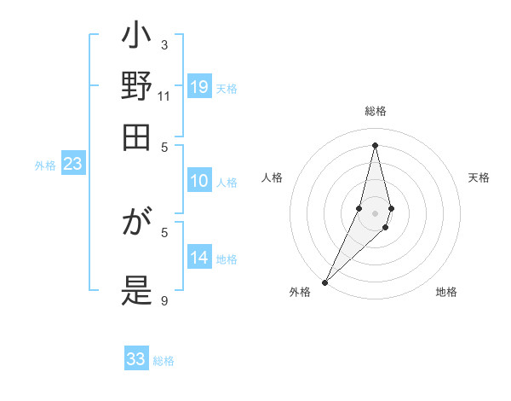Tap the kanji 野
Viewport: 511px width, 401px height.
click(x=136, y=88)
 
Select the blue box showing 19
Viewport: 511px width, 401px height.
click(x=199, y=86)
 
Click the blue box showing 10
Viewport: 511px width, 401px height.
click(x=199, y=180)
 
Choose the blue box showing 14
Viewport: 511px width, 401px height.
click(x=199, y=257)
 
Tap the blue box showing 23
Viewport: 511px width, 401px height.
click(x=72, y=164)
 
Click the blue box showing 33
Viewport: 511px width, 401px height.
click(x=136, y=359)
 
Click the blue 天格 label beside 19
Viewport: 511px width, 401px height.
click(x=227, y=89)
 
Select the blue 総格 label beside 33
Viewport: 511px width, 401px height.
click(x=164, y=362)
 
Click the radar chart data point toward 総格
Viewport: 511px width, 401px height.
click(x=375, y=145)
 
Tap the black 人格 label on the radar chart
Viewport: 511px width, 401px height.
click(x=273, y=177)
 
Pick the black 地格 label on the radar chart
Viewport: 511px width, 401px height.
click(x=446, y=293)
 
